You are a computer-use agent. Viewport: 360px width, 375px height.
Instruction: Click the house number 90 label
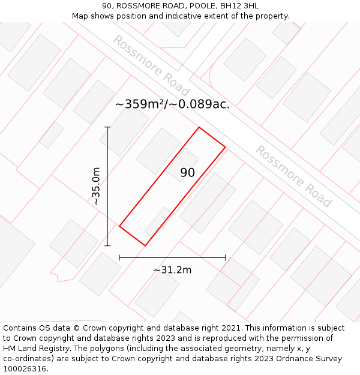(187, 173)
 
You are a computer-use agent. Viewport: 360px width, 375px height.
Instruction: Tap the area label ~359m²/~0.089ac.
(172, 104)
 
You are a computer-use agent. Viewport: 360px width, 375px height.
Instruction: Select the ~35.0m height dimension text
(96, 187)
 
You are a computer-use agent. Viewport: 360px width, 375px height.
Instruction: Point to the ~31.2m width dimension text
(172, 270)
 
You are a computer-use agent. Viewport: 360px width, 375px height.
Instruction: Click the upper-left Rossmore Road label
(151, 66)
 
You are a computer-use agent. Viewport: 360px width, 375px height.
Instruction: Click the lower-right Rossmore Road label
(294, 176)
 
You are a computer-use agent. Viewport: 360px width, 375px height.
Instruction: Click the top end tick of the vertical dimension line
(108, 127)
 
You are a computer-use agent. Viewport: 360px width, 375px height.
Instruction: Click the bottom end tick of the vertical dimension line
(108, 245)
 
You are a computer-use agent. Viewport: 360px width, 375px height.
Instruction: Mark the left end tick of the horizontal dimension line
(119, 257)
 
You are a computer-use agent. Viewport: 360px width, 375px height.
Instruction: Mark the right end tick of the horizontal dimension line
(226, 257)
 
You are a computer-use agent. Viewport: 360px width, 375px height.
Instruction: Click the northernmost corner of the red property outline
(199, 127)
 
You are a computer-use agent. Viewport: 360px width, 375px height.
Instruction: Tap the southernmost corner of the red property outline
(145, 245)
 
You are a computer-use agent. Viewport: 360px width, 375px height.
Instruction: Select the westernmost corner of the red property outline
(119, 226)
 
